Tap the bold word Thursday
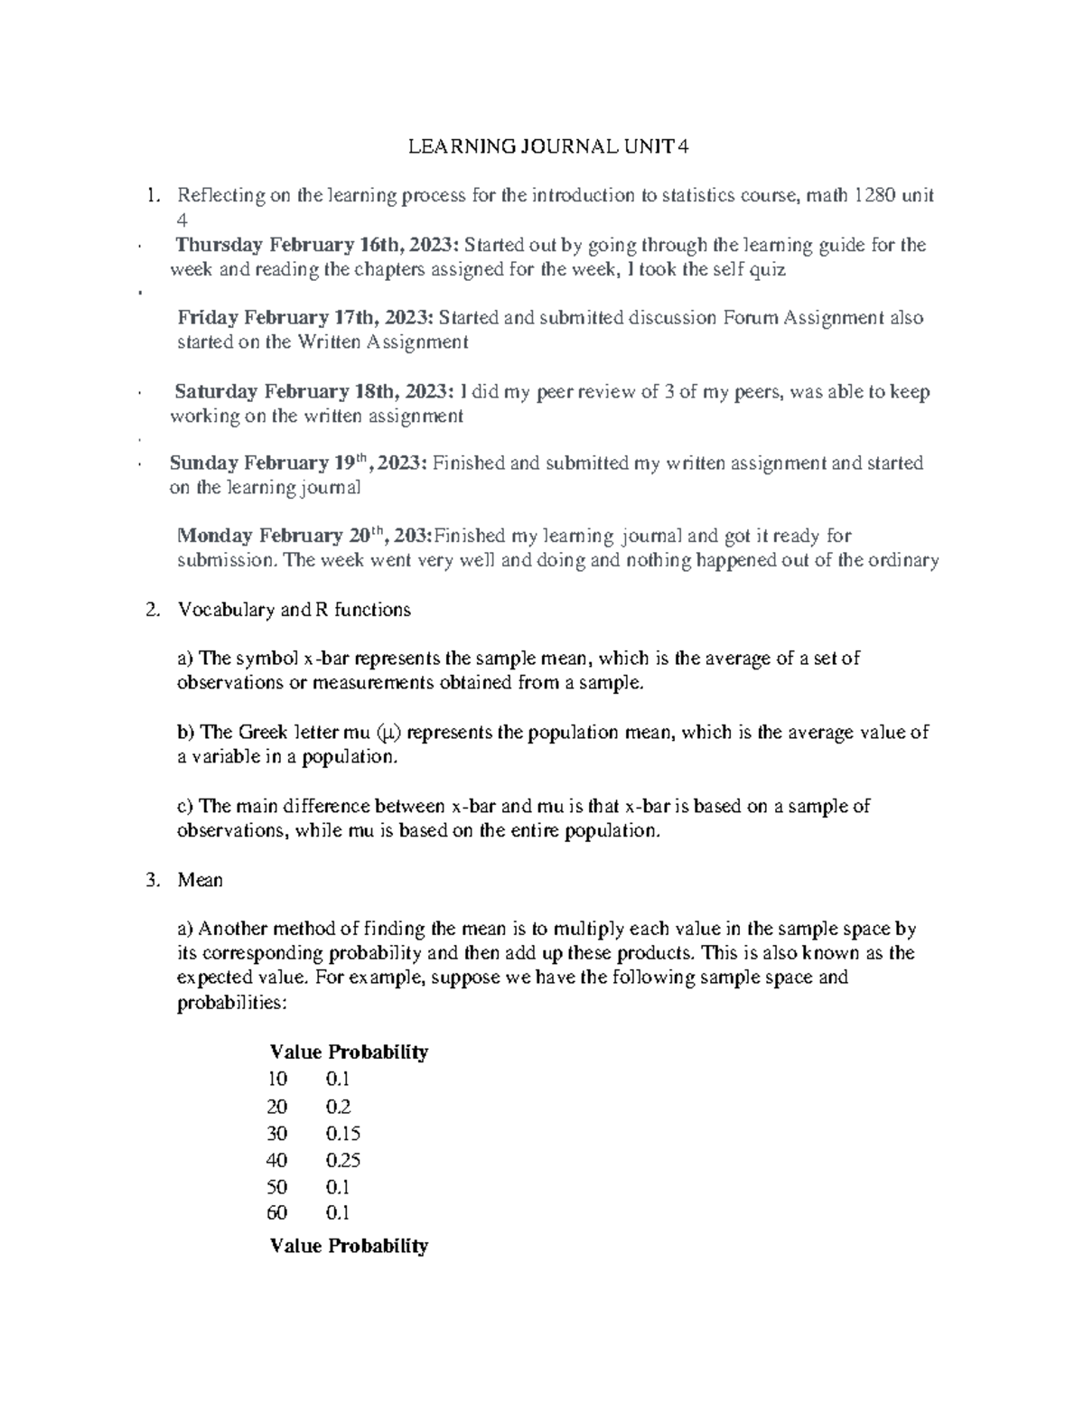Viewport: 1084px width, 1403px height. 218,245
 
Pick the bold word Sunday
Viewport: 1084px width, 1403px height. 202,463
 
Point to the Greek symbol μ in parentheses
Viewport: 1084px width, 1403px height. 384,733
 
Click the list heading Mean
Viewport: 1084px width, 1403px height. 201,880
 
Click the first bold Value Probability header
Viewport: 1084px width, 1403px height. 349,1052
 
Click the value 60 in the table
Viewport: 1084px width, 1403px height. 277,1212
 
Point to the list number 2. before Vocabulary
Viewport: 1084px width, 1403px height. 152,610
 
